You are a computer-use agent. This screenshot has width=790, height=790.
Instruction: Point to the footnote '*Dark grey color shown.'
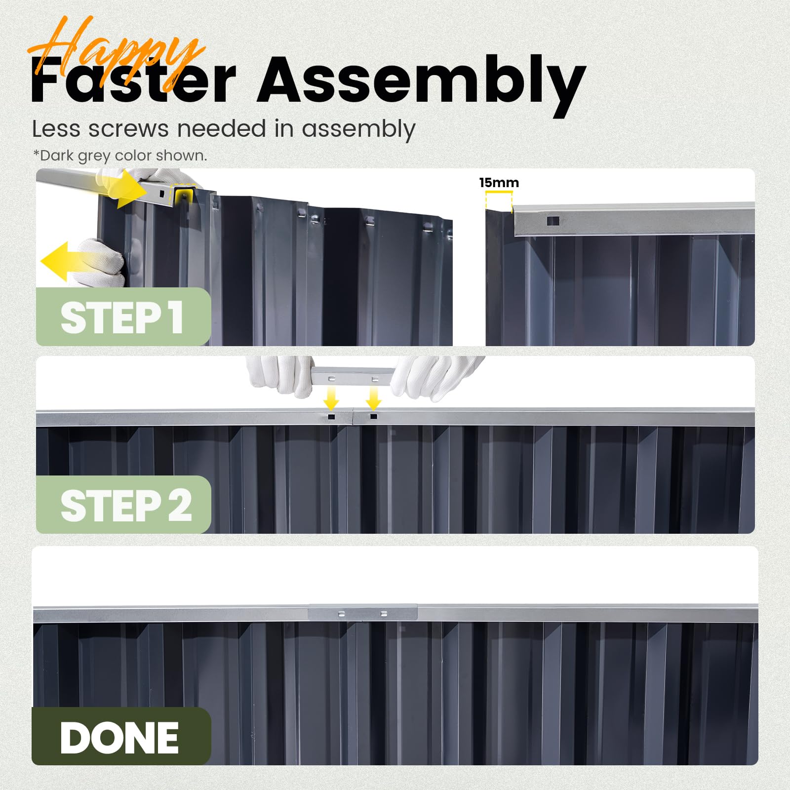pos(120,156)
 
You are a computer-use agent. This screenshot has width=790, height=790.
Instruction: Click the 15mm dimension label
pos(499,183)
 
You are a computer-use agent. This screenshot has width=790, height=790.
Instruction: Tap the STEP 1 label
pos(122,318)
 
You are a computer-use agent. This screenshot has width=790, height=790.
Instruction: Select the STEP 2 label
pos(126,506)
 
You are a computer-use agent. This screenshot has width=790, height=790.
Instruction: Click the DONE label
pos(119,738)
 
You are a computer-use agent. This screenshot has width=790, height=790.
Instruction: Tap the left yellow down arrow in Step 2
pos(331,397)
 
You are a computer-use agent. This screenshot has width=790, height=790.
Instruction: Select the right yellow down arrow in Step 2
pos(374,397)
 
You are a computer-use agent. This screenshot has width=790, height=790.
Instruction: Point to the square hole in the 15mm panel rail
pos(553,221)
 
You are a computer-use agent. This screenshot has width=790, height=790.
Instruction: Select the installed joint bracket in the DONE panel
pos(362,613)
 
